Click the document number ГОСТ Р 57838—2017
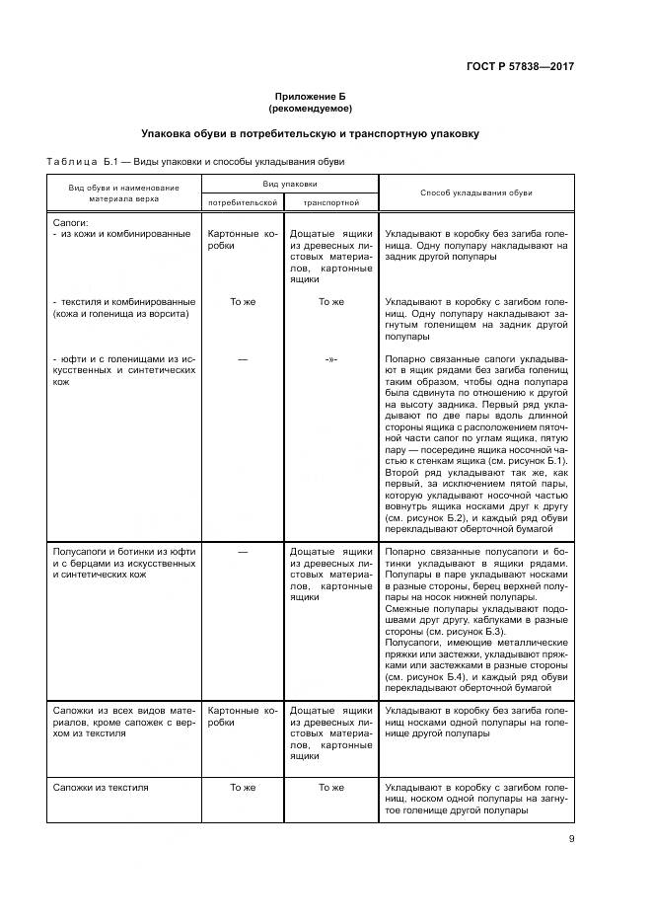(520, 66)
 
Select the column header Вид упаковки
(289, 184)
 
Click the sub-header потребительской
(242, 201)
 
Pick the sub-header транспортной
(330, 201)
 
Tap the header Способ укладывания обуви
(475, 192)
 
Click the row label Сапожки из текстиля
(101, 787)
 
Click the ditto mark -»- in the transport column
(330, 358)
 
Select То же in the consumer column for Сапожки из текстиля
(242, 787)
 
